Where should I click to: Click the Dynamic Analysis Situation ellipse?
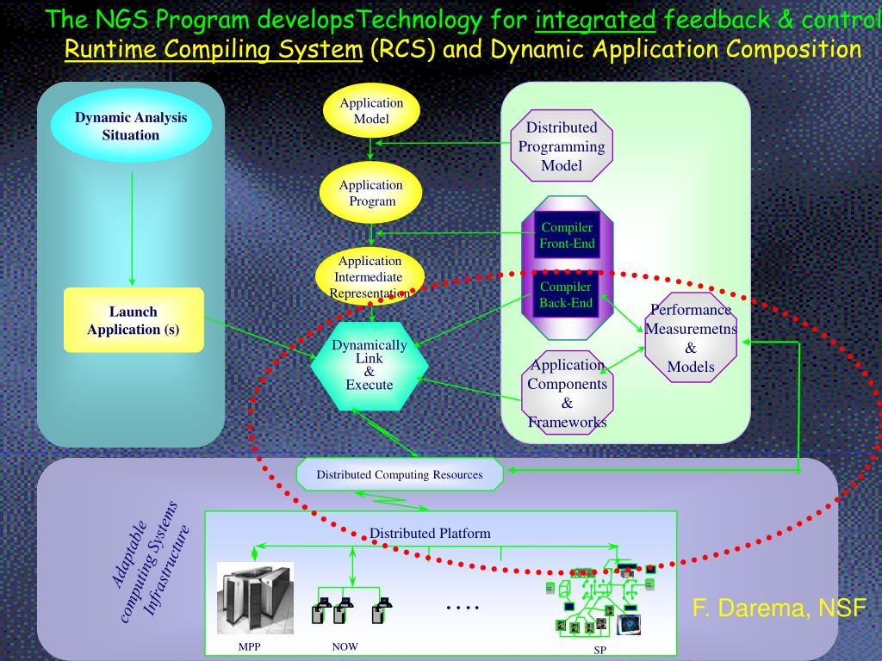point(131,127)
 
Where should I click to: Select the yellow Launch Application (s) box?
point(134,320)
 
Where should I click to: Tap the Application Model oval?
point(371,110)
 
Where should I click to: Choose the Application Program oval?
point(371,193)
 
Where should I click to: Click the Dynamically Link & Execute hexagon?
point(370,365)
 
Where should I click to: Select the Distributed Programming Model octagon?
point(562,146)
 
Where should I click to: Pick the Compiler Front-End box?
point(567,235)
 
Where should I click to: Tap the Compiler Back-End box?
point(566,294)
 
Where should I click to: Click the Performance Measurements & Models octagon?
point(691,337)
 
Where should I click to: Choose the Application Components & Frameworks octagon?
point(567,393)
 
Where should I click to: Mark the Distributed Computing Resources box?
point(399,474)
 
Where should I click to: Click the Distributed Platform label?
point(430,533)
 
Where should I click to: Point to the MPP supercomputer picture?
point(255,598)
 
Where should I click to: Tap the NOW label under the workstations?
point(345,646)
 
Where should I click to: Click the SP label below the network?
point(599,651)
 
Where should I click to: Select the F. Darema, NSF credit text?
point(779,608)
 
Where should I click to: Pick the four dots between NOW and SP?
point(463,608)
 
